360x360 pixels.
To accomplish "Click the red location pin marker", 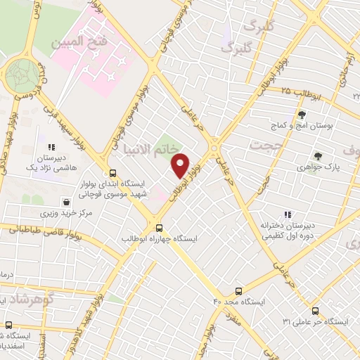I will point(181,166).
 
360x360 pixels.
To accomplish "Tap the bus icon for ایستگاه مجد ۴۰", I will point(239,290).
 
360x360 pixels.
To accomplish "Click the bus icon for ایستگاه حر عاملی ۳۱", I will point(315,310).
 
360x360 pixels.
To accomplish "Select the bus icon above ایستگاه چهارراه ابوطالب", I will point(160,227).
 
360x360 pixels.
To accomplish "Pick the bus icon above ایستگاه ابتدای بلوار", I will point(112,173).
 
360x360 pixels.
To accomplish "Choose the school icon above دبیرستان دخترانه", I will point(287,214).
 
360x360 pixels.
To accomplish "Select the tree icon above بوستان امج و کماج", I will point(302,114).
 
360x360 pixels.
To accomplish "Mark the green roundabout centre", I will point(23,73).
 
